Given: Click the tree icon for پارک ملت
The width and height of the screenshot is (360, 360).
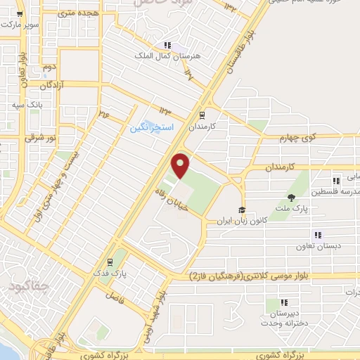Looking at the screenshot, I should tap(291, 197).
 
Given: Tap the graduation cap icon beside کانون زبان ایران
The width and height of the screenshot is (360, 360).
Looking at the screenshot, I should tap(242, 210).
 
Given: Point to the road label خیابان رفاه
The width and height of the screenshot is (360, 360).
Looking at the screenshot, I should tap(161, 196).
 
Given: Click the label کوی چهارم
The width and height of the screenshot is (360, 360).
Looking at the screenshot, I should tap(321, 136).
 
